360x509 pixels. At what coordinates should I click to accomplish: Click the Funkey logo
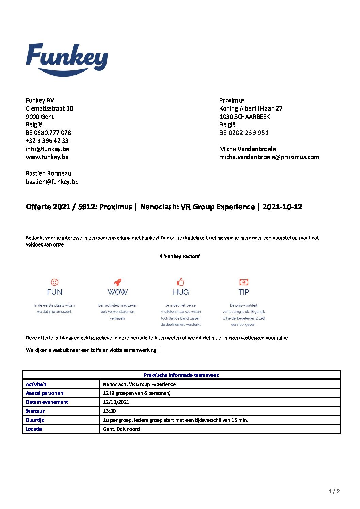coord(67,59)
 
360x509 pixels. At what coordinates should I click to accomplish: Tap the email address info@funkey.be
coord(47,149)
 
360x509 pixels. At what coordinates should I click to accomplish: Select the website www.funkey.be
coord(47,157)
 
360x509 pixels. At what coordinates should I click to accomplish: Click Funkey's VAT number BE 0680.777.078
coord(48,133)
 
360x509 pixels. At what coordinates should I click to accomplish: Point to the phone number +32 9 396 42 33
coord(47,141)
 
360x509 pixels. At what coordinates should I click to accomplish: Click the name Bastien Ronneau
coord(48,173)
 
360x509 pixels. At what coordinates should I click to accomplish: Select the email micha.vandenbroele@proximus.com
coord(269,157)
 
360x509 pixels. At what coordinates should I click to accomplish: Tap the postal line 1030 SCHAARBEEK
coord(244,117)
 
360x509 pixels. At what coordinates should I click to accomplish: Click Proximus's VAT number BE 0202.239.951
coord(244,133)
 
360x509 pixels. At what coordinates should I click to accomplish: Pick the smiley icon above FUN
coord(54,282)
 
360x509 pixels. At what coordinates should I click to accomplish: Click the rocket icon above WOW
coord(117,282)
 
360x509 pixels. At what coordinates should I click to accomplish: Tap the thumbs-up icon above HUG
coord(180,282)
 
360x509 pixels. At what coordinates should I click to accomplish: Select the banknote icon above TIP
coord(244,282)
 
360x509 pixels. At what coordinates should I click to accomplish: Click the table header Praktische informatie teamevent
coord(181,375)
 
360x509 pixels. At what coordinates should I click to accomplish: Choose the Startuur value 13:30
coord(109,411)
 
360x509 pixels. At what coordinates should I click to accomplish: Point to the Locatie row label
coord(34,429)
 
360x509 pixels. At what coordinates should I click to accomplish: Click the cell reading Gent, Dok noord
coord(121,429)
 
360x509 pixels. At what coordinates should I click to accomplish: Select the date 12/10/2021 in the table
coord(116,402)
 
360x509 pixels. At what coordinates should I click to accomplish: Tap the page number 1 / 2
coord(334,491)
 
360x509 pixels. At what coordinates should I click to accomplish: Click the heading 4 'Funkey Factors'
coord(180,256)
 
